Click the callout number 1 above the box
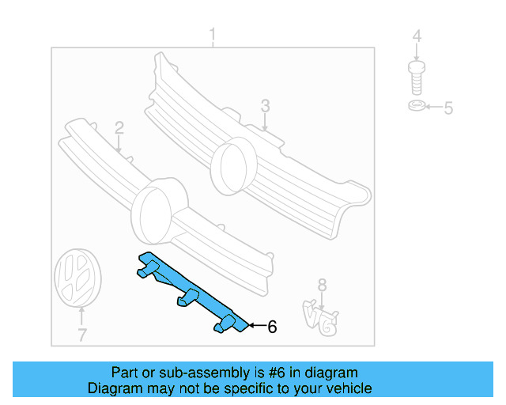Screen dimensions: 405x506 click(x=212, y=35)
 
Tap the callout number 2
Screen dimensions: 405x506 click(x=119, y=127)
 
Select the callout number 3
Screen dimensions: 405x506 click(x=265, y=105)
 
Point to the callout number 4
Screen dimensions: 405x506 click(x=417, y=36)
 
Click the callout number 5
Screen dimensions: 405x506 click(x=447, y=108)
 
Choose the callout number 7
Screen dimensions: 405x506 click(x=81, y=335)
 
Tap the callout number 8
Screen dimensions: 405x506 click(x=321, y=284)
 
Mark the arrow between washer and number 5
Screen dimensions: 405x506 click(x=432, y=108)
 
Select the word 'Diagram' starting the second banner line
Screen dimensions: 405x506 click(x=113, y=388)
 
